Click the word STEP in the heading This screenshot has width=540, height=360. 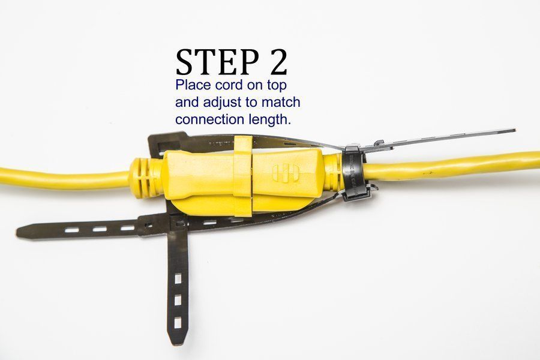[214, 62]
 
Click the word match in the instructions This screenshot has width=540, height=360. [279, 102]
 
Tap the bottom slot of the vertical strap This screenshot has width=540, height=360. [178, 323]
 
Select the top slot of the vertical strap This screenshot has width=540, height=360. [178, 280]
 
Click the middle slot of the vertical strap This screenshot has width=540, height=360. [178, 300]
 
